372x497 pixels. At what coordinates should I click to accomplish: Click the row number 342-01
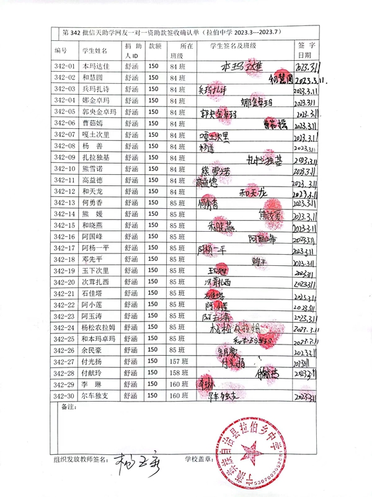64,66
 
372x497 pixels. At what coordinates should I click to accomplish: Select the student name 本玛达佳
95,66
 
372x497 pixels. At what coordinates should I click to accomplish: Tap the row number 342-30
64,396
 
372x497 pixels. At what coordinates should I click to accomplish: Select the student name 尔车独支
95,396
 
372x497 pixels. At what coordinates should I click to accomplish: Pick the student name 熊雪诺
91,169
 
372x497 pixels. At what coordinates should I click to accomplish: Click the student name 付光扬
91,362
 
